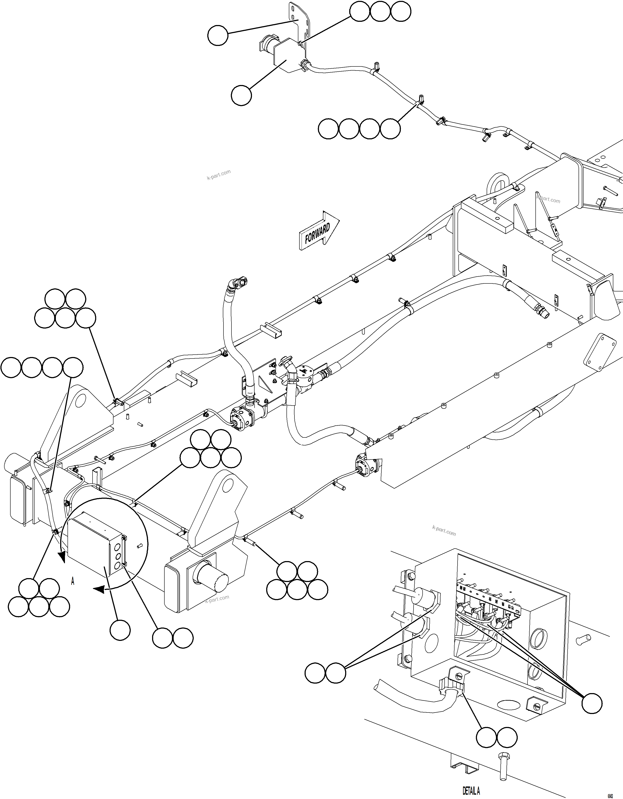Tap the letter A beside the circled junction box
pyautogui.click(x=72, y=581)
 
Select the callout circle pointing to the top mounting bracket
pyautogui.click(x=218, y=36)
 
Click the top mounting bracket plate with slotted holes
pyautogui.click(x=298, y=22)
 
